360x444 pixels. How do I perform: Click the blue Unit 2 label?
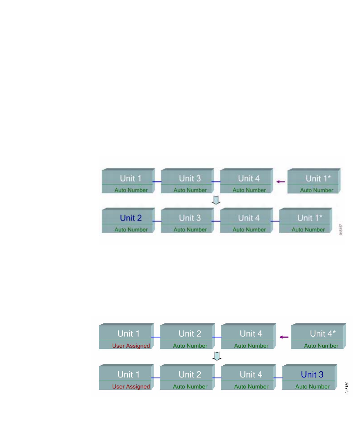pyautogui.click(x=131, y=218)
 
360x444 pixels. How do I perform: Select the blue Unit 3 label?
pyautogui.click(x=312, y=374)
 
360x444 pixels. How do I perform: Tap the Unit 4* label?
pyautogui.click(x=323, y=333)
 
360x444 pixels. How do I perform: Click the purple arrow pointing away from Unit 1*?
pyautogui.click(x=281, y=182)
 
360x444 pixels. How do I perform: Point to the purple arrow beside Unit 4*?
pyautogui.click(x=284, y=337)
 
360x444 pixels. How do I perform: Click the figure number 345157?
pyautogui.click(x=341, y=229)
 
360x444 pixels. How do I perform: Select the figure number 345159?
pyautogui.click(x=347, y=387)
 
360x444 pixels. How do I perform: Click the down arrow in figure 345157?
pyautogui.click(x=216, y=200)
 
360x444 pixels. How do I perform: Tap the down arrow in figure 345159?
pyautogui.click(x=217, y=356)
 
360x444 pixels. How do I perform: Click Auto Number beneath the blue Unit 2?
pyautogui.click(x=131, y=229)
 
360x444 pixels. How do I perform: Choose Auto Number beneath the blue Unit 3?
pyautogui.click(x=312, y=386)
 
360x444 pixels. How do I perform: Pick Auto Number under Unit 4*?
pyautogui.click(x=321, y=346)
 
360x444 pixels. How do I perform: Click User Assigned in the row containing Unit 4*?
pyautogui.click(x=131, y=346)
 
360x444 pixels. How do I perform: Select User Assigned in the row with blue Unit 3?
pyautogui.click(x=131, y=386)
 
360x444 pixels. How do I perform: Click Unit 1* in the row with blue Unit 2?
pyautogui.click(x=310, y=218)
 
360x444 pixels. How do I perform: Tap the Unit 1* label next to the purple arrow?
pyautogui.click(x=318, y=179)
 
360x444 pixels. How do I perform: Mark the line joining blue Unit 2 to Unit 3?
pyautogui.click(x=157, y=221)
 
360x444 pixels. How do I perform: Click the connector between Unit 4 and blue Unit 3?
pyautogui.click(x=278, y=378)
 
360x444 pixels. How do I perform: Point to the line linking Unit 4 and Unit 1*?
pyautogui.click(x=275, y=221)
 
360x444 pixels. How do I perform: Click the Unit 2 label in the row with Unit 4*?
pyautogui.click(x=190, y=333)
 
